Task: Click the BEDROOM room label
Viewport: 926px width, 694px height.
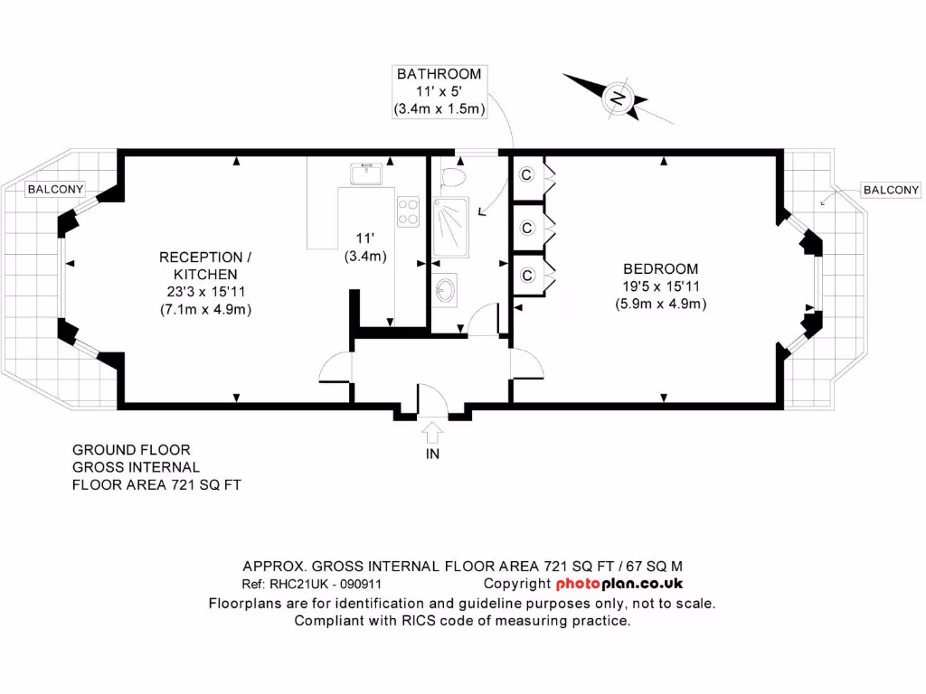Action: click(660, 268)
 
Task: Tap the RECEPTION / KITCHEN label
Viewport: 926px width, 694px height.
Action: click(205, 266)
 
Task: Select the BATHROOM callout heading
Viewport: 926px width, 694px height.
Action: click(439, 74)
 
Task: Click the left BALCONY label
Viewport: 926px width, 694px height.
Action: click(55, 190)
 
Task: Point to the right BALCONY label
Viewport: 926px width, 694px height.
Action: click(891, 190)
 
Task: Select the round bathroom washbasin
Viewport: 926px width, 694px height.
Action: click(444, 290)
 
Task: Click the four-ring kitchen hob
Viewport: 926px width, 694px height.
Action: click(408, 211)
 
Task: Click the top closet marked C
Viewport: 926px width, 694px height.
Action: click(525, 174)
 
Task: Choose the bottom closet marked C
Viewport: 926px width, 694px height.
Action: click(525, 275)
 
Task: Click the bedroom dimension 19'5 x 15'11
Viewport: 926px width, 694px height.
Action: click(660, 286)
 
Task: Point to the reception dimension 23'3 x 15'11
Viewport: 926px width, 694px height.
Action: click(205, 291)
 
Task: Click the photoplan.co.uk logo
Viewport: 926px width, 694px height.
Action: click(619, 584)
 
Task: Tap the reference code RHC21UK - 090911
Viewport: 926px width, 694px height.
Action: click(318, 584)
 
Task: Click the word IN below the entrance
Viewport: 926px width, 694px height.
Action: click(432, 454)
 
